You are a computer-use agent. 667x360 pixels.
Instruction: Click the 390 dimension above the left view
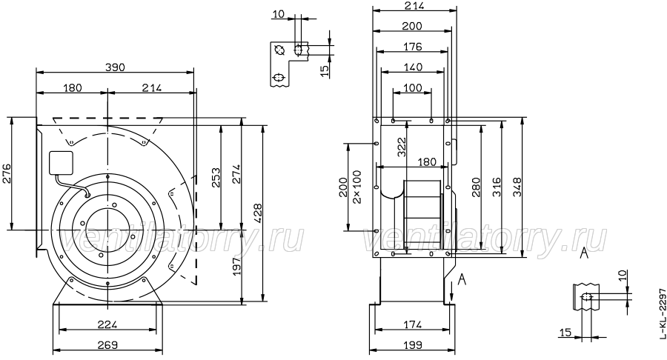tap(115, 67)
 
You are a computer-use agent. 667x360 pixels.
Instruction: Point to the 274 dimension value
tap(236, 174)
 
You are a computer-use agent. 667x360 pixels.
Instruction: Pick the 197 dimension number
tap(236, 264)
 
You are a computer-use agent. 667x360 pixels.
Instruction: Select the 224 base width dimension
tap(107, 324)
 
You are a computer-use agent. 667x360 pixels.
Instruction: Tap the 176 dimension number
tap(412, 47)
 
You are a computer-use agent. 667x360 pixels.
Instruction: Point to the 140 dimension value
tap(412, 67)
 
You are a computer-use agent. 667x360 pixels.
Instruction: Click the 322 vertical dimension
tap(402, 147)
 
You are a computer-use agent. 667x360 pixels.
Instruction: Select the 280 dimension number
tap(476, 187)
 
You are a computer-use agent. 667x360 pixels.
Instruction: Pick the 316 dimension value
tap(497, 187)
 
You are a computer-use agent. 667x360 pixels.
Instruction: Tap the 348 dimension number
tap(517, 187)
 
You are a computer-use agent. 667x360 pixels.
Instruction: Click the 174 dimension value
tap(412, 324)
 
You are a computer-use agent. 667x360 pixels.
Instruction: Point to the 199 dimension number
tap(412, 344)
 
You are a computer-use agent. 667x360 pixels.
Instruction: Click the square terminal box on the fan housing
tap(62, 163)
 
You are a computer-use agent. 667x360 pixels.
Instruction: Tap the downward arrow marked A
tap(452, 292)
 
